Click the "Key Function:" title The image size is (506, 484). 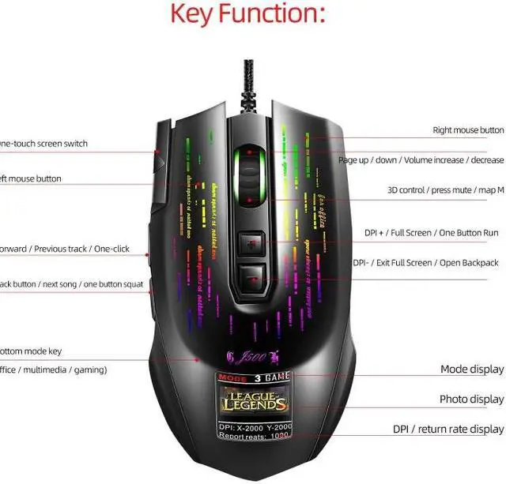[x=247, y=15]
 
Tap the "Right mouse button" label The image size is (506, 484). [x=468, y=130]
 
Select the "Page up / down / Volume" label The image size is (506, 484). [x=421, y=160]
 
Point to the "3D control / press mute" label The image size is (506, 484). [x=445, y=190]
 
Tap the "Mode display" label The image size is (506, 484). [x=471, y=370]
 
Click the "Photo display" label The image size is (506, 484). [x=471, y=400]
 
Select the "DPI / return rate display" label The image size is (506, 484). [x=447, y=430]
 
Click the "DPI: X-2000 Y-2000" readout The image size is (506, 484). [x=253, y=426]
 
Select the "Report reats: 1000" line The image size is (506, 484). [x=253, y=436]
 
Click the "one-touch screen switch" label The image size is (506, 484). [x=43, y=144]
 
